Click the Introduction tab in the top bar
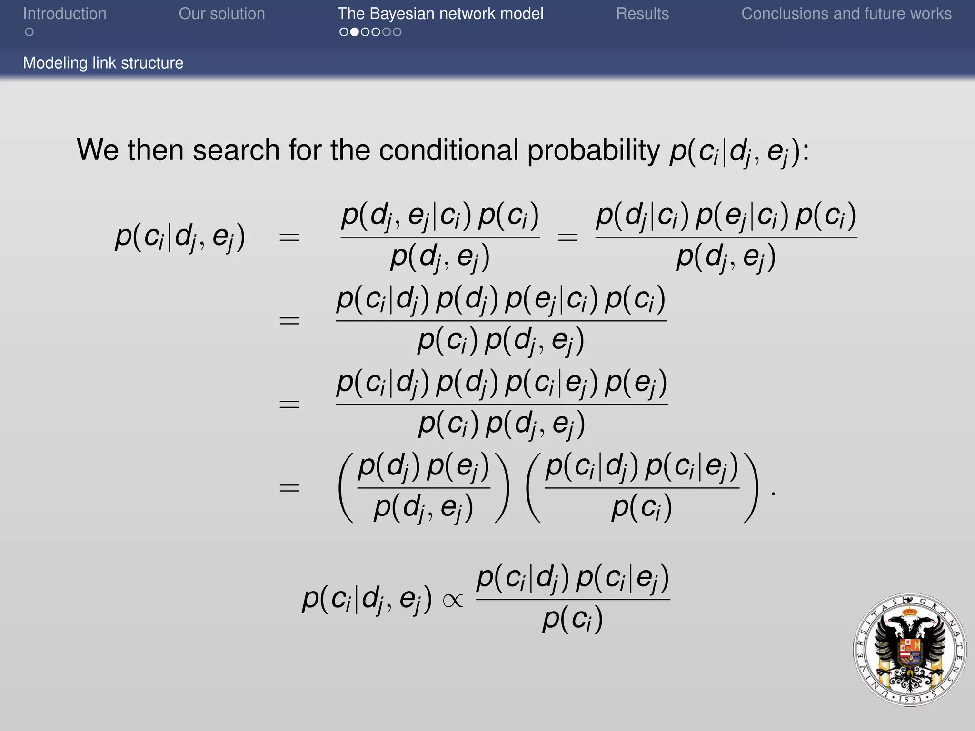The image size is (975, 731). coord(65,14)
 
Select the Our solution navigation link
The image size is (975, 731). coord(222,14)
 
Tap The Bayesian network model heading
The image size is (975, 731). coord(440,14)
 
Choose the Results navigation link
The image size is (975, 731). coord(642,14)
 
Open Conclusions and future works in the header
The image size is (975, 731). coord(846,14)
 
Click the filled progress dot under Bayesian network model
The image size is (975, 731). coord(354,32)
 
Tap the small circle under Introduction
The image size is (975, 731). coord(30,32)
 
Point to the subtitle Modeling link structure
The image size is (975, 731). coord(103,63)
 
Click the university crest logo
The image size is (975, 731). coord(910,650)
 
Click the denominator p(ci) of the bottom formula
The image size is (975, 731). coord(573,620)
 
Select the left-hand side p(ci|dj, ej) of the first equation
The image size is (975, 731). coord(180,237)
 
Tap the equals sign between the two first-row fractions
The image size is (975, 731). coord(567,237)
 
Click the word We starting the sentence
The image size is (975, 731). coord(98,150)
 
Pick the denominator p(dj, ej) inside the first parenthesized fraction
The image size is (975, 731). coord(423,508)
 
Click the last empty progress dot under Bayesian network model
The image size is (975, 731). coord(397,32)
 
